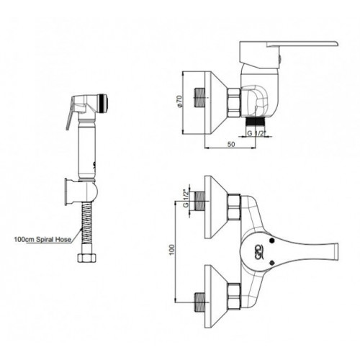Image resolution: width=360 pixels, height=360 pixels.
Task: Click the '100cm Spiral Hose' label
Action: point(42,239)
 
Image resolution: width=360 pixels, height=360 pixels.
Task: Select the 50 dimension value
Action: point(231,144)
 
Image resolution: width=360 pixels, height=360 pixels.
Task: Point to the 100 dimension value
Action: point(172,251)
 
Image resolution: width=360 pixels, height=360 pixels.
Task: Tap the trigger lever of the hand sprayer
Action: point(70,114)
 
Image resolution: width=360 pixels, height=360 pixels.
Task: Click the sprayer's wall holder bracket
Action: point(81,192)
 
